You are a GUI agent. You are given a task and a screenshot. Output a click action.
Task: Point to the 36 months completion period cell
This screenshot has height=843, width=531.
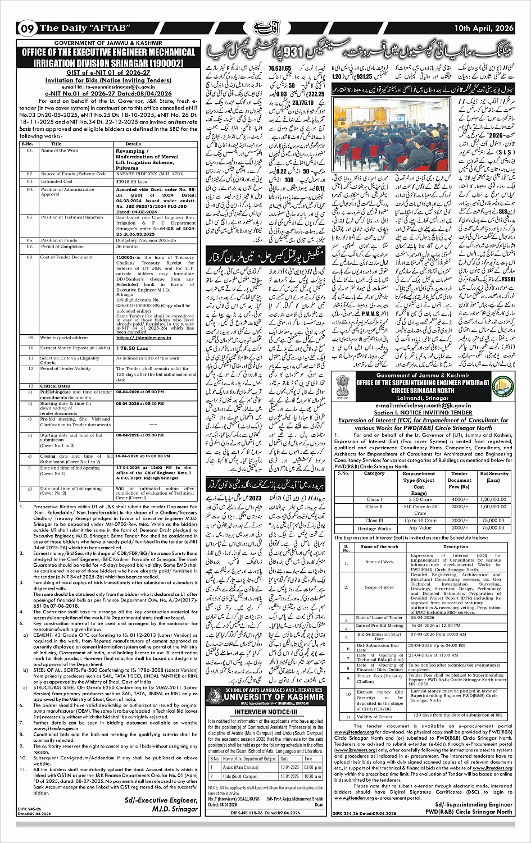coord(126,247)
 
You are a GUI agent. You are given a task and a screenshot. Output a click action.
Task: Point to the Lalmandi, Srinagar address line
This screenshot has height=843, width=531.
coord(421,398)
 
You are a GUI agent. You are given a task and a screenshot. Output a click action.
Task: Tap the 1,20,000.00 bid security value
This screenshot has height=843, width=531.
coord(494,499)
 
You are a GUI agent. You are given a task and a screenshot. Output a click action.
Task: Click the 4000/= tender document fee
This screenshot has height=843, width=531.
coord(460,499)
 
